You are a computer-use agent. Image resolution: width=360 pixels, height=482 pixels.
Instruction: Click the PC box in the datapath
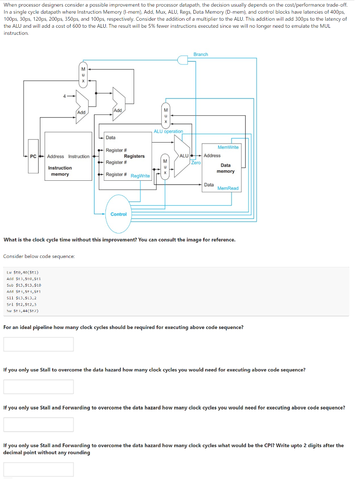[x=33, y=156]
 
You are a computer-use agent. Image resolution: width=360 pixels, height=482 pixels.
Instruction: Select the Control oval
[x=119, y=214]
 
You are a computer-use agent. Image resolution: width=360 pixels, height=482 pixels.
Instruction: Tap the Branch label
[x=200, y=55]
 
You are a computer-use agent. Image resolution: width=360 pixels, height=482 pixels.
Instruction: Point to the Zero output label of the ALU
[x=196, y=162]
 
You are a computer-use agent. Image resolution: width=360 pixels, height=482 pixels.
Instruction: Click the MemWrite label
[x=228, y=147]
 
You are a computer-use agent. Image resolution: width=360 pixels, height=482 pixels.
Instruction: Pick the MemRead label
[x=228, y=188]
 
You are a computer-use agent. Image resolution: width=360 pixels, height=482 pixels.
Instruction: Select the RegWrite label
[x=140, y=176]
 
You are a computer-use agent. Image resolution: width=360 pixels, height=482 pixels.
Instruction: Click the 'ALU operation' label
[x=168, y=131]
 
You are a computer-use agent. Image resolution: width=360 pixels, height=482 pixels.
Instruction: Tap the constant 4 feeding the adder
[x=65, y=96]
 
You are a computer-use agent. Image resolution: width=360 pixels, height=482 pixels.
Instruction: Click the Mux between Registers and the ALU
[x=164, y=167]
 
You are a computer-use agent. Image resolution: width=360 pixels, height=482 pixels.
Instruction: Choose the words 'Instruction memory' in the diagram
[x=60, y=171]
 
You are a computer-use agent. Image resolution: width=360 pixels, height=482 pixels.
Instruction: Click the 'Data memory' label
[x=226, y=168]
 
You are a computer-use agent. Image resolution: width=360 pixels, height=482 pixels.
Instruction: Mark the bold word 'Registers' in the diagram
[x=134, y=156]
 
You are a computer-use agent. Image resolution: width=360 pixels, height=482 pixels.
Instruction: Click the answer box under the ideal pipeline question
[x=39, y=344]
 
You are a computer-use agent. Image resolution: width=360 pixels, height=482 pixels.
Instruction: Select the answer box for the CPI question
[x=39, y=469]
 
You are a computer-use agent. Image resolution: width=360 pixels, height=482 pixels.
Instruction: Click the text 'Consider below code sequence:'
[x=39, y=257]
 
